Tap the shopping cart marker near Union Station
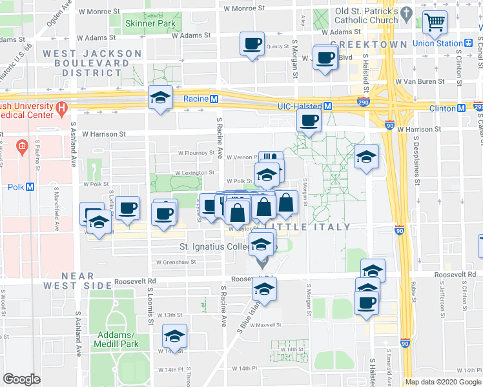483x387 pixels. [435, 23]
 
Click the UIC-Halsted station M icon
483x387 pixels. [328, 106]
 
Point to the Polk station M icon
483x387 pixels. [30, 187]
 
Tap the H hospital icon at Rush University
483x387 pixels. [62, 108]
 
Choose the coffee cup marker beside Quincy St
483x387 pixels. [251, 45]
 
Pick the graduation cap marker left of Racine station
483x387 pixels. [160, 97]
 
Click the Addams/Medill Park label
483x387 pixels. [118, 339]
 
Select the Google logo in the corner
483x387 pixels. [21, 379]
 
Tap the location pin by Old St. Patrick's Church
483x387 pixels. [406, 12]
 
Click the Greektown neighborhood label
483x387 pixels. [369, 45]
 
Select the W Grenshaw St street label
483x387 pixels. [176, 263]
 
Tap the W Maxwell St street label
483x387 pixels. [265, 325]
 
